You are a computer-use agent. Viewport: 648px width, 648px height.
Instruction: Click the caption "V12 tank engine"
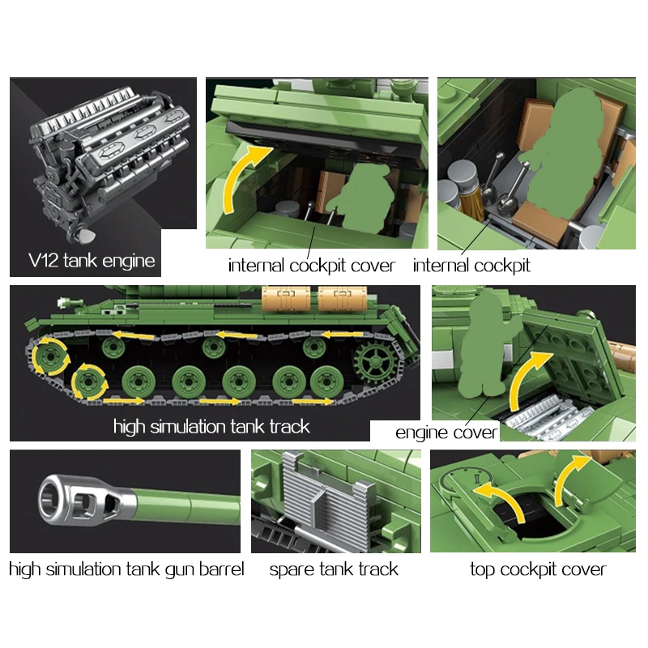coord(92,260)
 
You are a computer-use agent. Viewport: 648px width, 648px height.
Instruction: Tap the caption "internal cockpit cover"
coord(312,266)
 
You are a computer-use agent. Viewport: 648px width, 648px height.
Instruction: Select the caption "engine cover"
coord(446,433)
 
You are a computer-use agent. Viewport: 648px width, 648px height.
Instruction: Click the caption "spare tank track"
coord(334,569)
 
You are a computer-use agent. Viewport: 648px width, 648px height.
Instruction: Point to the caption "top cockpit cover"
coord(538,569)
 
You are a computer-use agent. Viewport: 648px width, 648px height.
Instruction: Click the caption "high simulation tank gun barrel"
coord(126,569)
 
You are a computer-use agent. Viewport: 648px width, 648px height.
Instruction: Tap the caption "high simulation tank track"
coord(211,427)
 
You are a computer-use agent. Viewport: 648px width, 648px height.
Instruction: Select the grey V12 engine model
coord(109,161)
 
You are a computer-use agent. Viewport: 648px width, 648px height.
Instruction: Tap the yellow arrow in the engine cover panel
coord(527,378)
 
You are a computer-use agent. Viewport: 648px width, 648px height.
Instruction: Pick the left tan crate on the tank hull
coord(286,298)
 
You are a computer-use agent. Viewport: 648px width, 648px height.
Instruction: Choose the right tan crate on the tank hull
coord(342,298)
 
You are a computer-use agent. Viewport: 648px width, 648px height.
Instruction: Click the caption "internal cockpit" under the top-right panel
coord(471,266)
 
